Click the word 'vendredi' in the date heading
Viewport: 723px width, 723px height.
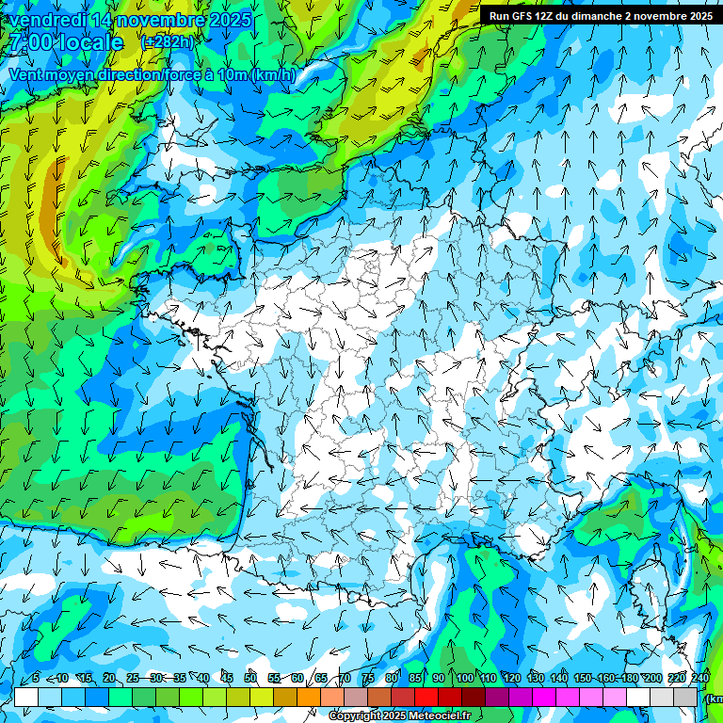click(48, 20)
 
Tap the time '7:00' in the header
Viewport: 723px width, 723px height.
click(34, 42)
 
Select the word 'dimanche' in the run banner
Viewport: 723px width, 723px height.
click(616, 16)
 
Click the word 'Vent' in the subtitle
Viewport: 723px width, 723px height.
click(26, 75)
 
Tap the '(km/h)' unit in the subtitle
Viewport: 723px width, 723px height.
click(274, 75)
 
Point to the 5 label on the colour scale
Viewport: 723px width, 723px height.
click(36, 678)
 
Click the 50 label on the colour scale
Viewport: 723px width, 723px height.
click(250, 678)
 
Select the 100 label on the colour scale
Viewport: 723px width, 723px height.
click(463, 678)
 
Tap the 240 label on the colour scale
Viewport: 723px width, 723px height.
click(700, 678)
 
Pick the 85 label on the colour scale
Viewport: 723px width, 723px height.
click(415, 678)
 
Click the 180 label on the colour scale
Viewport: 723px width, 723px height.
click(629, 678)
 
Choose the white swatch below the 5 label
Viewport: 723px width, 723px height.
click(26, 697)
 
